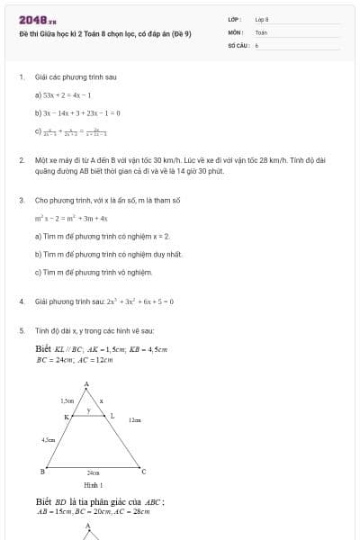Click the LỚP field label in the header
point(233,19)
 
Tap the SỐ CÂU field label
point(237,44)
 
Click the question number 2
point(21,159)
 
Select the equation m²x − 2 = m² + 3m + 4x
point(72,218)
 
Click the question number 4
point(21,301)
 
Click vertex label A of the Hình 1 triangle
point(86,384)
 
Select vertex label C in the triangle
point(144,472)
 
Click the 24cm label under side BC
point(93,473)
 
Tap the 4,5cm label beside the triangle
point(48,439)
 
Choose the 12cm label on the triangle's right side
point(134,420)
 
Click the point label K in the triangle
point(65,417)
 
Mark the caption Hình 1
point(93,485)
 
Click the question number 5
point(21,330)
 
